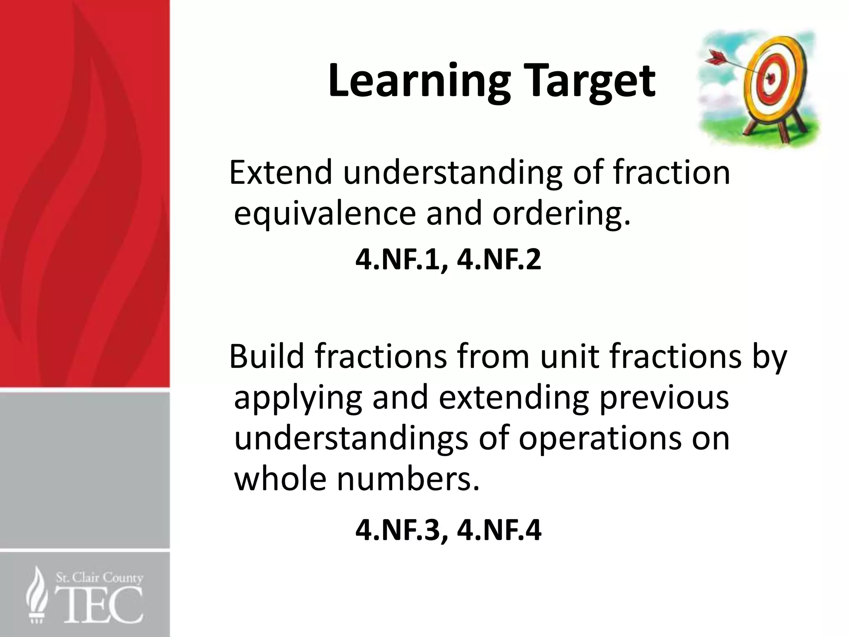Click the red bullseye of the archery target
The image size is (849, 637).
(x=770, y=78)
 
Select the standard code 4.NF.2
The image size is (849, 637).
(x=499, y=260)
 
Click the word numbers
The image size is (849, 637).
(x=408, y=479)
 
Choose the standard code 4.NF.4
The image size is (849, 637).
(x=499, y=530)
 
